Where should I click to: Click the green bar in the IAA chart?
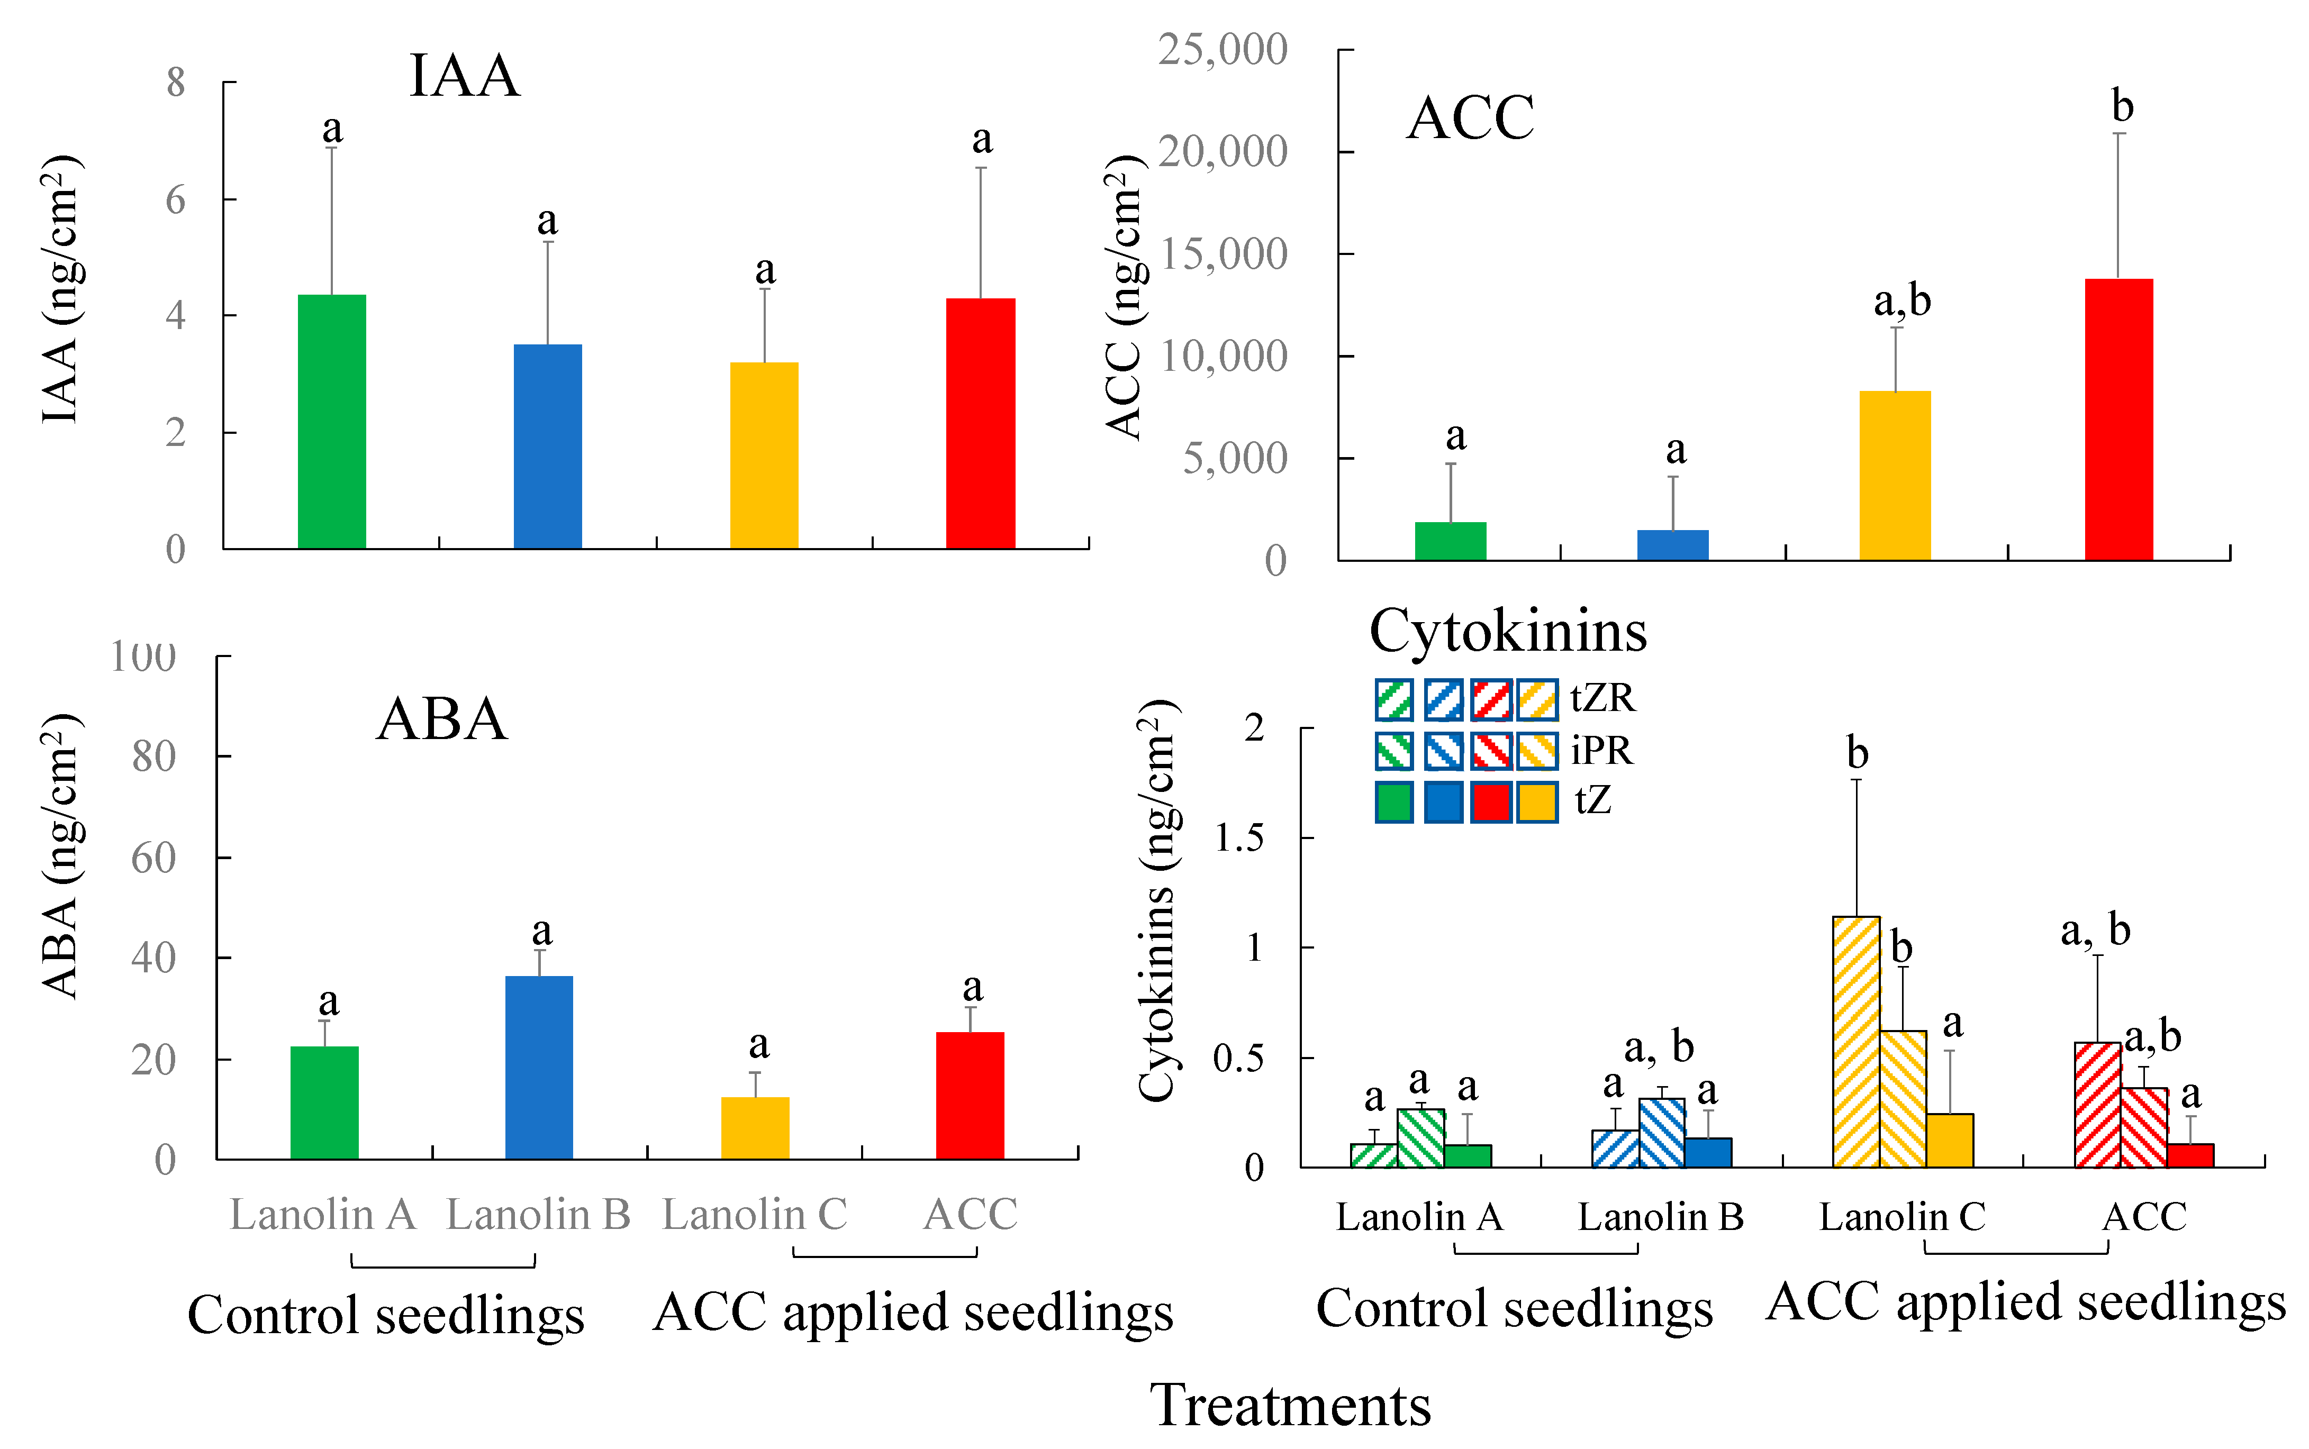click(x=332, y=422)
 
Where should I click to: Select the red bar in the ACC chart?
click(x=2118, y=419)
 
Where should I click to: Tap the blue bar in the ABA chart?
click(x=539, y=1068)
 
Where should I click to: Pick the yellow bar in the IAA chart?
click(x=764, y=455)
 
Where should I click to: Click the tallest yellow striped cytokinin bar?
click(x=1855, y=1042)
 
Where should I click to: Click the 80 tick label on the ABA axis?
click(x=153, y=757)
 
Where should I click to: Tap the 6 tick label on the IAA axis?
click(x=175, y=201)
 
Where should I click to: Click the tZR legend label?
click(x=1602, y=698)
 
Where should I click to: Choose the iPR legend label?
click(x=1601, y=750)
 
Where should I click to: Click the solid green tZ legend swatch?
click(x=1393, y=802)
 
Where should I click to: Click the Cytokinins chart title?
click(x=1508, y=632)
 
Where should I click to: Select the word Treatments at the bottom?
click(x=1290, y=1405)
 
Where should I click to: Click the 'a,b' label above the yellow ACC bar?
click(x=1901, y=301)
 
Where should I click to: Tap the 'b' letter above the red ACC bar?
click(x=2122, y=106)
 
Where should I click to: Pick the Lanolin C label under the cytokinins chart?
click(x=1903, y=1217)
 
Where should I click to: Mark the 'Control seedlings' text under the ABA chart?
click(x=385, y=1314)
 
